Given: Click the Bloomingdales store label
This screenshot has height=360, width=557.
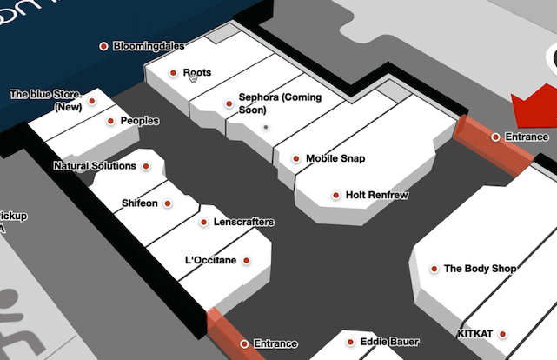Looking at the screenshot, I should coord(149,46).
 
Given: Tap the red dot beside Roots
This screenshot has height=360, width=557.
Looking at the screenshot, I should coord(174,73).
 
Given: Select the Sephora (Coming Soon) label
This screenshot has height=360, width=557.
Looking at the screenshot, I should coord(279,103).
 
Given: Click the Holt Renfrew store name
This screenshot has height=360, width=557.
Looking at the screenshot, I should coord(376,196).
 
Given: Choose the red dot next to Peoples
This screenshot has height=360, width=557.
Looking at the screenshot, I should coord(111,122).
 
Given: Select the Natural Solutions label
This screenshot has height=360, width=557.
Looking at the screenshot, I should coord(95,166).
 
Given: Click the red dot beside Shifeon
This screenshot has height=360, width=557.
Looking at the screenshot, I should coord(168,203).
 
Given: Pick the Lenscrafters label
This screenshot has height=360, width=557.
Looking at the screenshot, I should coord(242,223).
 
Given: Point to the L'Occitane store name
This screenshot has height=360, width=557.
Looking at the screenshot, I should coord(211,260).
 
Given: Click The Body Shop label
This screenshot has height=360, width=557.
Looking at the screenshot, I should coord(480,270).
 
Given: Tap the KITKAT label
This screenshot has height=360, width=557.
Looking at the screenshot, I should coord(474,334).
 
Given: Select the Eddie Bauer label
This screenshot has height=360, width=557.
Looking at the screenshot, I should coord(389,342).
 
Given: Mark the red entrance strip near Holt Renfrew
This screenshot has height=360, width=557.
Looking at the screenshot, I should coord(493,144).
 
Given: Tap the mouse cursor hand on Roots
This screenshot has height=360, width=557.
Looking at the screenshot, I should coord(193,77).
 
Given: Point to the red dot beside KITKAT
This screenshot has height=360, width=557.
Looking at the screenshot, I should coord(502,334).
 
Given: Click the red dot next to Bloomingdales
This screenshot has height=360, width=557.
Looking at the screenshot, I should coord(103,46).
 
